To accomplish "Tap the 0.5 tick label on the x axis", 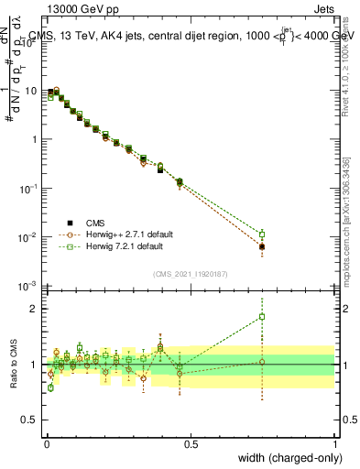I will pyautogui.click(x=191, y=443).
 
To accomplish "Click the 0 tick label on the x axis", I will pyautogui.click(x=47, y=443).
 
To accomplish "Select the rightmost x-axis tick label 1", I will pyautogui.click(x=335, y=443).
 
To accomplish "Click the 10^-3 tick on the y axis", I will pyautogui.click(x=30, y=287).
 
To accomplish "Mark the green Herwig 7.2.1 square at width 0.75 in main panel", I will pyautogui.click(x=262, y=234).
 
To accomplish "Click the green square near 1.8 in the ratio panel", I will pyautogui.click(x=262, y=317).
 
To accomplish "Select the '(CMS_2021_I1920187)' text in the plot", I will pyautogui.click(x=190, y=272).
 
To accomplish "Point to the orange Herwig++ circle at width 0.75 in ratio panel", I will pyautogui.click(x=262, y=362).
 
